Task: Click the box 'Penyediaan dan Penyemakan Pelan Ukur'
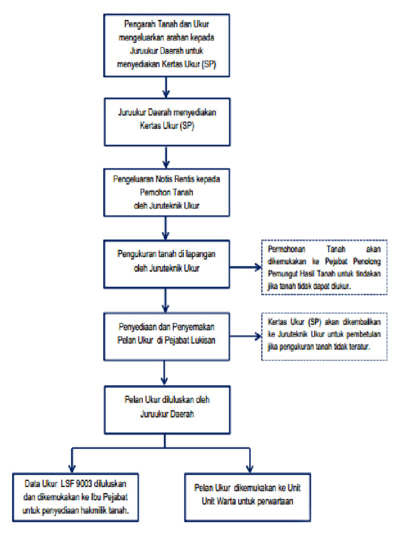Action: pos(165,329)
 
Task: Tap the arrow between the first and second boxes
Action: pos(166,87)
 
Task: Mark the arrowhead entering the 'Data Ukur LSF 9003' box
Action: pos(71,468)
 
